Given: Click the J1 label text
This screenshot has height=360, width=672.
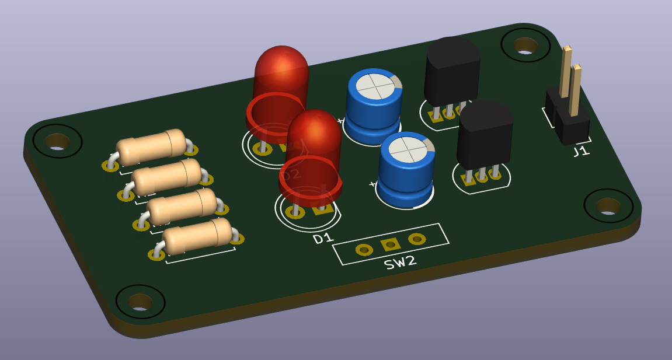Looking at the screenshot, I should click(x=580, y=152).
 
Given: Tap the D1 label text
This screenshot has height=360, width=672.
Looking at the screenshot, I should click(x=323, y=238).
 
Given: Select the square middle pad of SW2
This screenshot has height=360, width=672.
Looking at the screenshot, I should click(x=389, y=245).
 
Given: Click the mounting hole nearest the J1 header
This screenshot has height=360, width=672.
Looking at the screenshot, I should click(x=525, y=45).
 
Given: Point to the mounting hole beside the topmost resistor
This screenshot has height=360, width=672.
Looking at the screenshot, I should click(x=57, y=141).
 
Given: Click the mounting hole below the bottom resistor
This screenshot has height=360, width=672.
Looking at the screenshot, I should click(x=140, y=301).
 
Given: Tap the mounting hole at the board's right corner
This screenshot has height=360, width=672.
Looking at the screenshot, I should click(x=608, y=205).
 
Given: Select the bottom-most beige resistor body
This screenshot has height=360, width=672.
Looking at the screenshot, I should click(x=197, y=236).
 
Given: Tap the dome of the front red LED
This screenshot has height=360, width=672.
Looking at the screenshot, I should click(x=314, y=131).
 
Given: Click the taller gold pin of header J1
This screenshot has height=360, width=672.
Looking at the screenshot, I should click(x=565, y=70).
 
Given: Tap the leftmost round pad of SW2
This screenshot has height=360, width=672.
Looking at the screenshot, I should click(x=364, y=250).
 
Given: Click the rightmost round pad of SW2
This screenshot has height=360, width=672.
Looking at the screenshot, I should click(x=416, y=239).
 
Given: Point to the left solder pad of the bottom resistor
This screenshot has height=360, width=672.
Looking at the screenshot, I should click(x=156, y=254).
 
